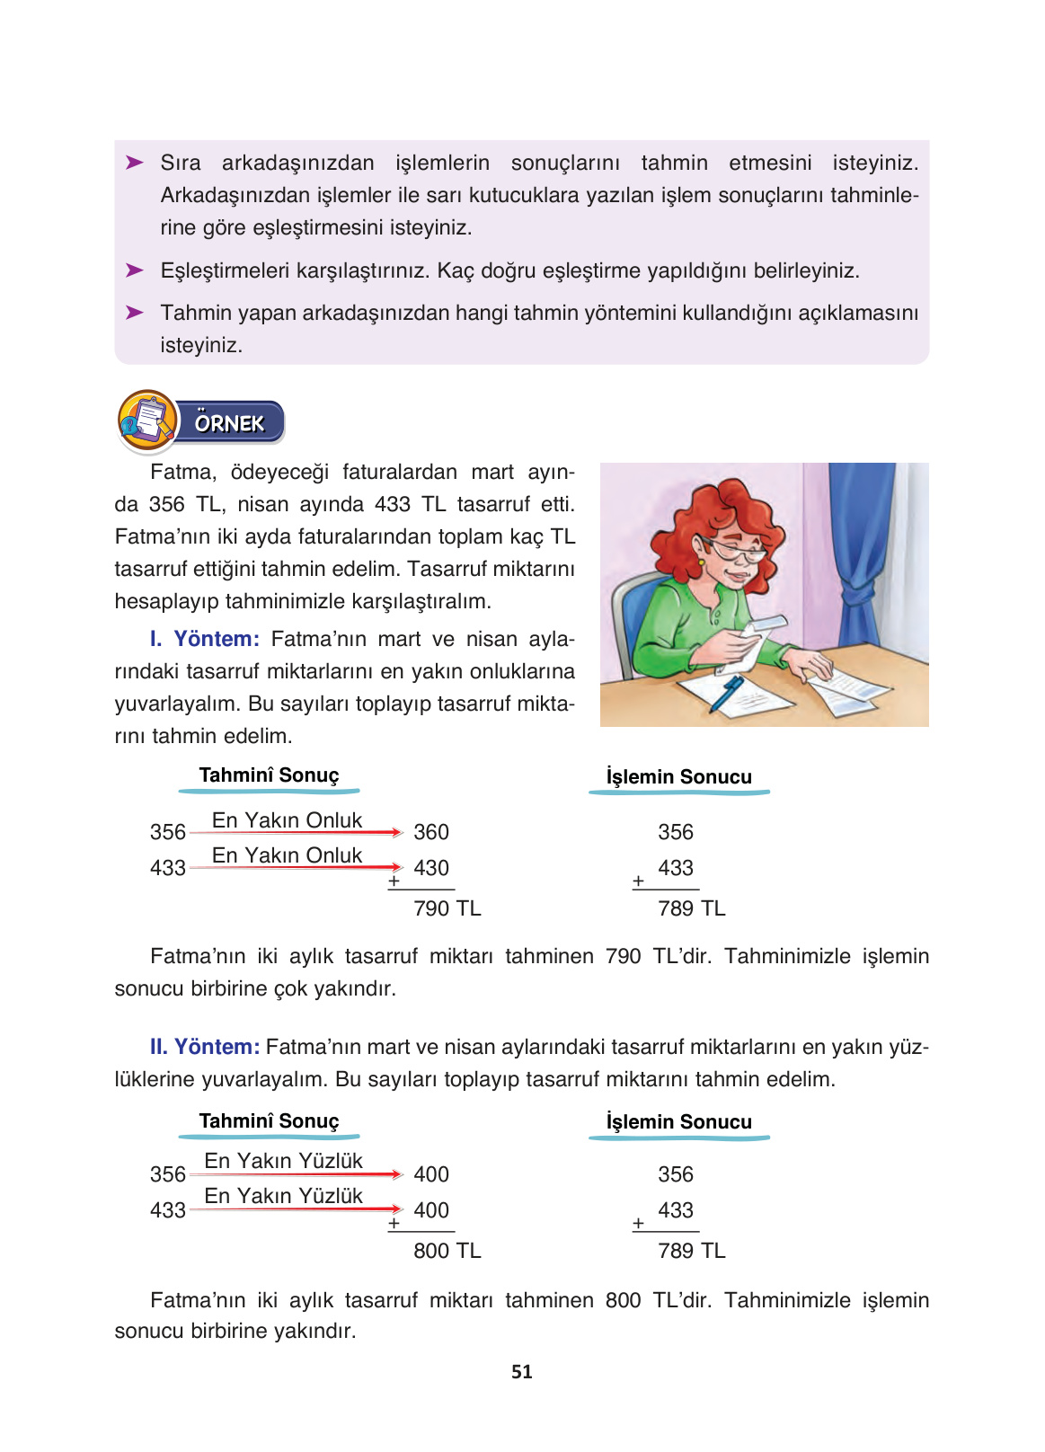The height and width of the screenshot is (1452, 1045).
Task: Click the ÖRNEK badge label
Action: pyautogui.click(x=230, y=423)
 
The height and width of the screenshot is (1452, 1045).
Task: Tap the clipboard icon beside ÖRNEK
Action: pyautogui.click(x=147, y=421)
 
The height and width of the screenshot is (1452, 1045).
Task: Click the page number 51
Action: pyautogui.click(x=521, y=1372)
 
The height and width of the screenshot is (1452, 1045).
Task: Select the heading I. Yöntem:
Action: pyautogui.click(x=205, y=639)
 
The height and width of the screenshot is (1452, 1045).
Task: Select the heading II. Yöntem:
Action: pyautogui.click(x=205, y=1047)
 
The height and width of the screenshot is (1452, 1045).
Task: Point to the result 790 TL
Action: pyautogui.click(x=447, y=908)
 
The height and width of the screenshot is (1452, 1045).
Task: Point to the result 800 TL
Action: pyautogui.click(x=447, y=1251)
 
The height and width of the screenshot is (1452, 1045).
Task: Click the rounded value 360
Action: pyautogui.click(x=431, y=832)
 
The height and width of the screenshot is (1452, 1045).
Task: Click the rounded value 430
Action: pyautogui.click(x=431, y=868)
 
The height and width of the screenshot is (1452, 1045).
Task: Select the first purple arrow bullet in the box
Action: pyautogui.click(x=135, y=163)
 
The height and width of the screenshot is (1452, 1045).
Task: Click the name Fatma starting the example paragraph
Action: pyautogui.click(x=182, y=473)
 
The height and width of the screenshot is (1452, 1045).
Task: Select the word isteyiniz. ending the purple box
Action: pyautogui.click(x=201, y=345)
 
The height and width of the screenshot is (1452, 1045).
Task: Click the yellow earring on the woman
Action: pyautogui.click(x=701, y=563)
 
